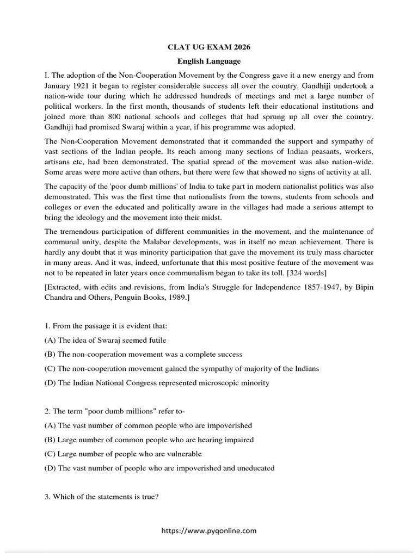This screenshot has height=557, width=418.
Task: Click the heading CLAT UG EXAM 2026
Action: coord(209,47)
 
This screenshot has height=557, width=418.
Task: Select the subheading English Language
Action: coord(209,61)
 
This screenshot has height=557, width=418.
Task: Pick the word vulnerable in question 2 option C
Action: coord(180,453)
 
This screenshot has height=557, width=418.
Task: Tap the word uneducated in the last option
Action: coord(251,467)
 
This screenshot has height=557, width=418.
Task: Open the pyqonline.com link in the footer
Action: coord(209,531)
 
